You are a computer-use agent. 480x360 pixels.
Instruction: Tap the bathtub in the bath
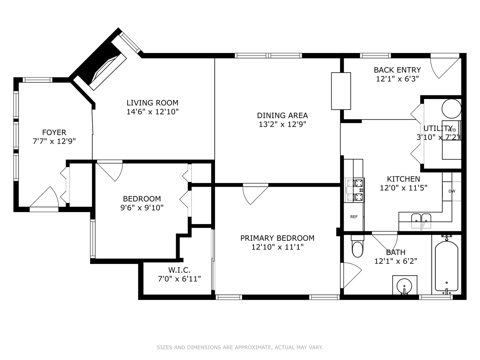[x=446, y=267]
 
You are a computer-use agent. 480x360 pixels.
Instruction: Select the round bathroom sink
[x=405, y=285]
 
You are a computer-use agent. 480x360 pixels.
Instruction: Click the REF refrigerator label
[x=354, y=217]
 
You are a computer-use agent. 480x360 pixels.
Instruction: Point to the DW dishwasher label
[x=452, y=191]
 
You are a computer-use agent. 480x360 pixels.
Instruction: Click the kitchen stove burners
[x=355, y=190]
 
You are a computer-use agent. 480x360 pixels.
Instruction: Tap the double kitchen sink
[x=421, y=220]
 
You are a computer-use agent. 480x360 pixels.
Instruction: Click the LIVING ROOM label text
[x=152, y=103]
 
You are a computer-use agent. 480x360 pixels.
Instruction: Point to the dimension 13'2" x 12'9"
[x=282, y=124]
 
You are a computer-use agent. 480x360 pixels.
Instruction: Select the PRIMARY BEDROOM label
[x=277, y=238]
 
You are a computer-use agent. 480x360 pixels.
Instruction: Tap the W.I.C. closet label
[x=179, y=270]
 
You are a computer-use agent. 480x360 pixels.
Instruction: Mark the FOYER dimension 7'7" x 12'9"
[x=54, y=141]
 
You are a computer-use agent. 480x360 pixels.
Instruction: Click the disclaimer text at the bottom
[x=240, y=347]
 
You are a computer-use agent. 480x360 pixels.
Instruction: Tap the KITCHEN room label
[x=403, y=179]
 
